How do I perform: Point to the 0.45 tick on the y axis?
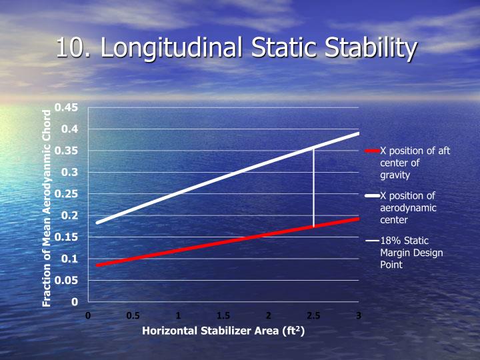(67, 107)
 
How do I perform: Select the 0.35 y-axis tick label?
(67, 151)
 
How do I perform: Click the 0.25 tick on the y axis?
(67, 194)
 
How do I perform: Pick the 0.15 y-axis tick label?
(67, 237)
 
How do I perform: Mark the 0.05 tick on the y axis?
(67, 280)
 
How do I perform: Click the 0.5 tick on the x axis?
(133, 315)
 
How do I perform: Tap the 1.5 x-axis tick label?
(223, 315)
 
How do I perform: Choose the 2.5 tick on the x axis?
(313, 315)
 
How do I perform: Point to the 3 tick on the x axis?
(359, 315)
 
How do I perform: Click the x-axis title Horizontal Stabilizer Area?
(223, 332)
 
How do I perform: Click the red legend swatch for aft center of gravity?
(372, 151)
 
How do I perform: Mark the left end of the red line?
(97, 265)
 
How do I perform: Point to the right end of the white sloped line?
(358, 134)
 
